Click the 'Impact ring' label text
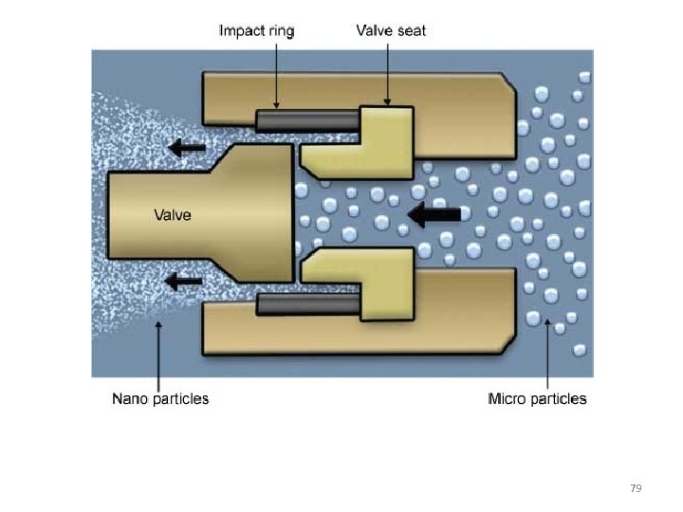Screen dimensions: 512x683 click(256, 30)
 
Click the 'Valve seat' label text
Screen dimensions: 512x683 click(391, 30)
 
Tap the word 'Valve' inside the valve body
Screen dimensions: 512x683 click(173, 215)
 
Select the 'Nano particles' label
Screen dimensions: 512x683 click(160, 399)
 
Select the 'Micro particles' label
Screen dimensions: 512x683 click(537, 399)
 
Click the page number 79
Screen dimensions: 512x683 click(636, 488)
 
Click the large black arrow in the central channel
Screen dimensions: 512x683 click(434, 216)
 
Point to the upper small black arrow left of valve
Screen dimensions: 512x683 click(188, 147)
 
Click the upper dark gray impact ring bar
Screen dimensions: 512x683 click(305, 120)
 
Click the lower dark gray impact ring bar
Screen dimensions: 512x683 click(305, 304)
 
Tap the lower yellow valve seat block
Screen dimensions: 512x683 click(384, 284)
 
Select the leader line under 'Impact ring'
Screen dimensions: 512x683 click(276, 71)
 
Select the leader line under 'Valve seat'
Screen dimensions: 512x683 click(388, 71)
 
